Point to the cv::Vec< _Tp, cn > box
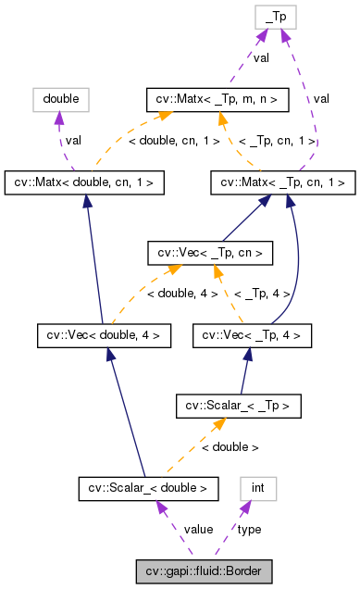[210, 252]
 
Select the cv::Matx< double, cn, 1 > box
[85, 182]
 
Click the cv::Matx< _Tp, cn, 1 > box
[283, 182]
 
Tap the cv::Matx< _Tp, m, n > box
[218, 97]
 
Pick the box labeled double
[60, 97]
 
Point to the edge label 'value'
[198, 529]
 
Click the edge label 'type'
[249, 529]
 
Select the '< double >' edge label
[230, 446]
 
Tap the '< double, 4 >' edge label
[183, 294]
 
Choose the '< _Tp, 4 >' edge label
[261, 294]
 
